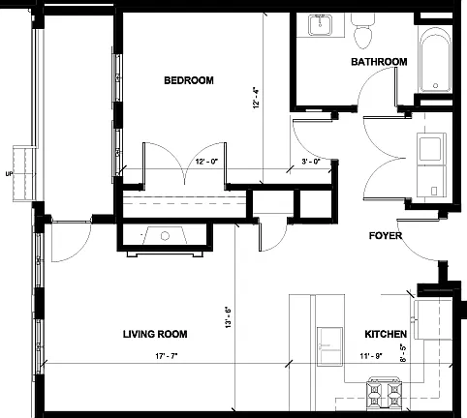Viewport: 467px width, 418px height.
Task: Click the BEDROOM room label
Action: (189, 80)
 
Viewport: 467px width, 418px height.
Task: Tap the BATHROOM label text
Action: (379, 62)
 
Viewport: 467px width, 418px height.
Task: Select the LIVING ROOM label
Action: (155, 334)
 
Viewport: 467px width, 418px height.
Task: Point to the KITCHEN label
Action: (386, 334)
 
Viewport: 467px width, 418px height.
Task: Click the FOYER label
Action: (386, 236)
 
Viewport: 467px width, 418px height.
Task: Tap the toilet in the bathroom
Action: (362, 31)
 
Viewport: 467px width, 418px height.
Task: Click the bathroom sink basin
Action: (320, 25)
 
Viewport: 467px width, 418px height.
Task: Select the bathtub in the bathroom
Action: (435, 60)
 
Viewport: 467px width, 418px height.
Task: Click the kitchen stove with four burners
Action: (384, 395)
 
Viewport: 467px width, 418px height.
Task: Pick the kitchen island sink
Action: (329, 346)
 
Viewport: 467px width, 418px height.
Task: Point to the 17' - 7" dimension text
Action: (167, 356)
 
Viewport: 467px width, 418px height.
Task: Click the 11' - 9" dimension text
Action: (371, 356)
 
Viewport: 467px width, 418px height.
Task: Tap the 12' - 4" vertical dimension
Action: (257, 97)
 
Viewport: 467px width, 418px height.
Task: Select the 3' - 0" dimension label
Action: (311, 162)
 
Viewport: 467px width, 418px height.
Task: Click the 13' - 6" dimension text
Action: (229, 317)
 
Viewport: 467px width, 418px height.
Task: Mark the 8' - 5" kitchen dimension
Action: (403, 353)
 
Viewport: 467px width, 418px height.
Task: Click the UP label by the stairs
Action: (9, 174)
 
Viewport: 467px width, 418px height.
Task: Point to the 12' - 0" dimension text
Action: (207, 162)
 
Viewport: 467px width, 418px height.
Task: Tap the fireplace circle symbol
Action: (165, 236)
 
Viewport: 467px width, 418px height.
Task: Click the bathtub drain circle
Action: (435, 86)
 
